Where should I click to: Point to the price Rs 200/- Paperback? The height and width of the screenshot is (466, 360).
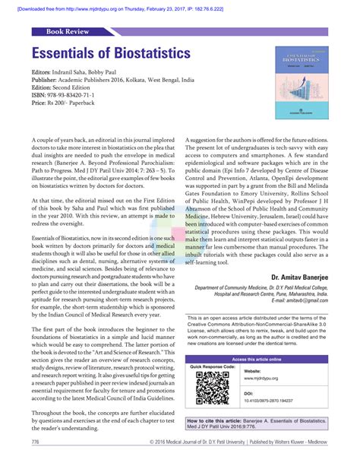pyautogui.click(x=67, y=103)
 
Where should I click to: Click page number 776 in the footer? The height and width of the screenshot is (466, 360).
pyautogui.click(x=36, y=442)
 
